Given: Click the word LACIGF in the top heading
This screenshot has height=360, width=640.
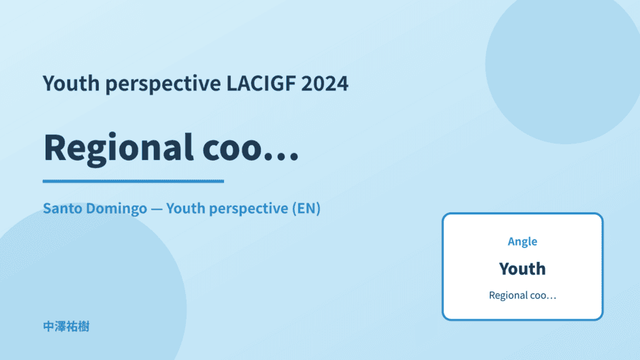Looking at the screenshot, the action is [x=261, y=83].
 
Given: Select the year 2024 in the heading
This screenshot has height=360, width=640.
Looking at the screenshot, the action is [x=325, y=83].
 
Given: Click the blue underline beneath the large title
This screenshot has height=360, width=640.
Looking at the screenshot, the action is [x=133, y=181].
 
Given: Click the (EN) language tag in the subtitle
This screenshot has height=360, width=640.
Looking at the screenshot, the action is [x=306, y=208].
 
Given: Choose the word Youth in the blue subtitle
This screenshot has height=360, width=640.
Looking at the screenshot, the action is [x=186, y=208].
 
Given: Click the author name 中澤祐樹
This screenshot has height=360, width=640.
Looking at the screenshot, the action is [x=66, y=327].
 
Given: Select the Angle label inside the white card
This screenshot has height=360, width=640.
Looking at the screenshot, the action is [x=522, y=242].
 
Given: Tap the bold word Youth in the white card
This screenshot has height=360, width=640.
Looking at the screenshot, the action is [x=522, y=269].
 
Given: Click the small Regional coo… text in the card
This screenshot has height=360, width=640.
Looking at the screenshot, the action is [x=522, y=295].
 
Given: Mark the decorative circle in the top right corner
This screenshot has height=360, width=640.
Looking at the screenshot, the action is [x=563, y=65].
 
